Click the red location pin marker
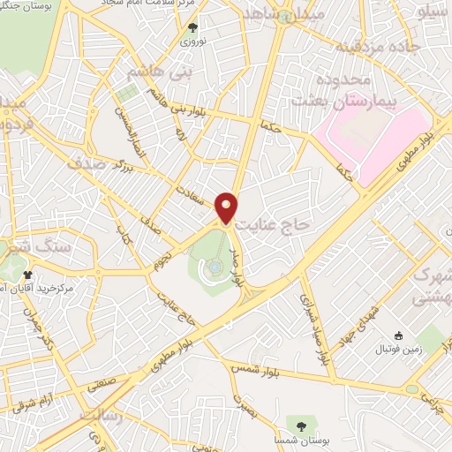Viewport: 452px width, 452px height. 227,207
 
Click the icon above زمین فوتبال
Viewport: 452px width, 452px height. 398,335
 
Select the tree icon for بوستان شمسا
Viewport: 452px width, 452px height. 302,427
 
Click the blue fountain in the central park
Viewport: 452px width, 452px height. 215,267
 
